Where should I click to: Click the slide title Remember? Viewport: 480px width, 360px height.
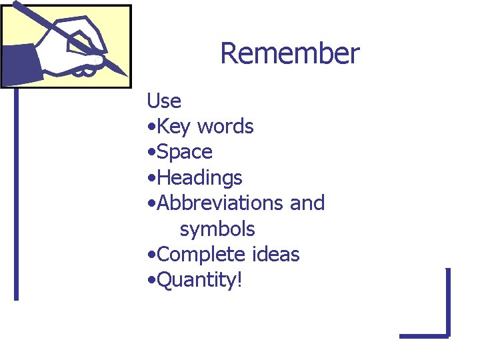point(289,53)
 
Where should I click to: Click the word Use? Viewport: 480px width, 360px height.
point(164,101)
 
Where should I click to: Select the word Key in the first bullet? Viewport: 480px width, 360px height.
point(175,127)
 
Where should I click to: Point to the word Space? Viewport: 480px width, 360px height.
point(185,153)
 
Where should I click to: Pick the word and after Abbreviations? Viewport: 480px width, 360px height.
point(307,203)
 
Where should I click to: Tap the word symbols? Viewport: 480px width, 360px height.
point(217,229)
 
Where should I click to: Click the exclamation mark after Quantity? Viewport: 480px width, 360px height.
point(239,280)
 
